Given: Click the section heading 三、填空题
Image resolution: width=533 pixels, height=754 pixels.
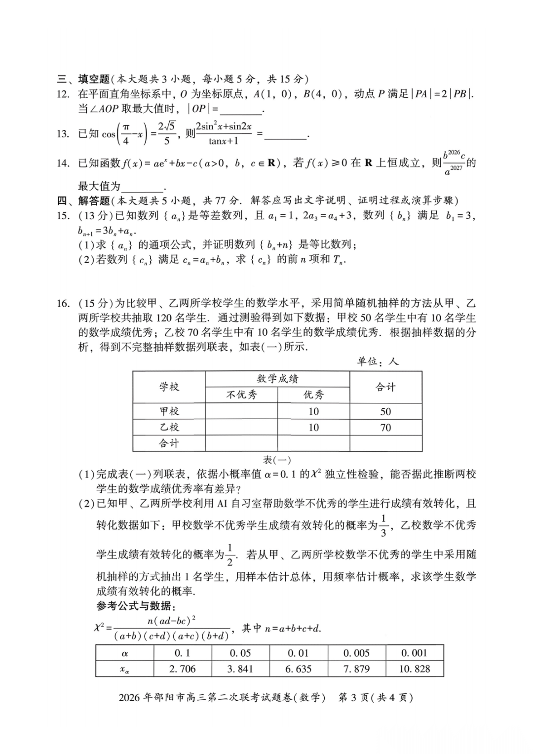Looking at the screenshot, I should [x=83, y=79].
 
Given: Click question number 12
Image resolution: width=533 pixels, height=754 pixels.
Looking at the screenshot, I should [x=63, y=94].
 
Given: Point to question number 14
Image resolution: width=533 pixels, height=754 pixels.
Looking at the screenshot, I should [x=63, y=163].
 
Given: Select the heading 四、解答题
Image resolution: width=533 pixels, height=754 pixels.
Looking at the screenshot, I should [x=83, y=200].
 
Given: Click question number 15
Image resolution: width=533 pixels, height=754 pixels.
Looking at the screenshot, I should [x=63, y=215].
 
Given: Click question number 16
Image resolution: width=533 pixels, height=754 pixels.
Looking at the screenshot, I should [x=63, y=303].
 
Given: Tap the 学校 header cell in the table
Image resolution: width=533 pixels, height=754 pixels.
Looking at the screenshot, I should [x=169, y=387].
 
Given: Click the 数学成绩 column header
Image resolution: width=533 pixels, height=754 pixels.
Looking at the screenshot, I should [x=277, y=379].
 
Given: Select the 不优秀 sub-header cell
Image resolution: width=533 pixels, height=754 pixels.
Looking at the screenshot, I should [x=241, y=395].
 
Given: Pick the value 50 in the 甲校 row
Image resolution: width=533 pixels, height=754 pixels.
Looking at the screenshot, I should [x=385, y=411].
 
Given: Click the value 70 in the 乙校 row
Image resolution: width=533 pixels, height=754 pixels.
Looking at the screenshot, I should [x=385, y=428].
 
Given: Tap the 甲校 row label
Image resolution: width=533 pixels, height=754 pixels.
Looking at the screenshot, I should [x=169, y=411].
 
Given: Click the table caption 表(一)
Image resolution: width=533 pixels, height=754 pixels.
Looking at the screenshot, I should [x=277, y=460].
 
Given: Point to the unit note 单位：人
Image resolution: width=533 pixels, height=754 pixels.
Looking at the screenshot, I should [x=378, y=361].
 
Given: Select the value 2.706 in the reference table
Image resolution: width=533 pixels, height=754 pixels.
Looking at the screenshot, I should [x=182, y=669].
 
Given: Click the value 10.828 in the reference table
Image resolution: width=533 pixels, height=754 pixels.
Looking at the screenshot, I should [x=415, y=669].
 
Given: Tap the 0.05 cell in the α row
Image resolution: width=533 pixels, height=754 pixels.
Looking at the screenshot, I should [x=240, y=653].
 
